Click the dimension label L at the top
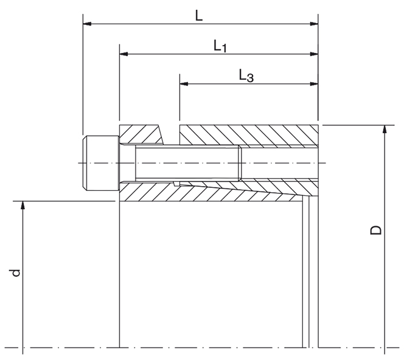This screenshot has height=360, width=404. point(199,15)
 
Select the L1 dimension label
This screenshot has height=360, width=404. point(220,47)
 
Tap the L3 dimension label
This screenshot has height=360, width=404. point(246,76)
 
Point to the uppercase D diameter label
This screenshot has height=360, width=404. point(377,229)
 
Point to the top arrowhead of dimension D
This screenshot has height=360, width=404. point(384,130)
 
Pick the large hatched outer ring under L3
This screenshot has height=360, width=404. point(249,135)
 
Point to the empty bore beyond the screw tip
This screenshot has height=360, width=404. point(279,163)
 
